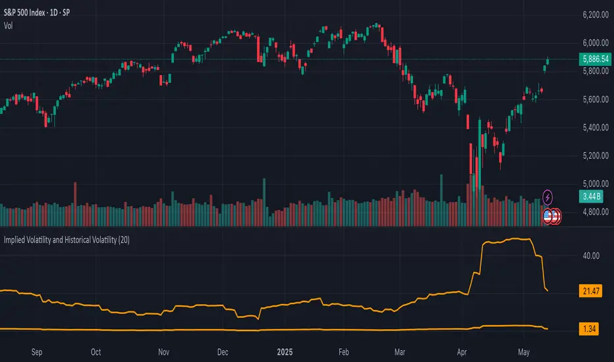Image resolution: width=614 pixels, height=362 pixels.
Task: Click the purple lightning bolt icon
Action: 548,196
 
